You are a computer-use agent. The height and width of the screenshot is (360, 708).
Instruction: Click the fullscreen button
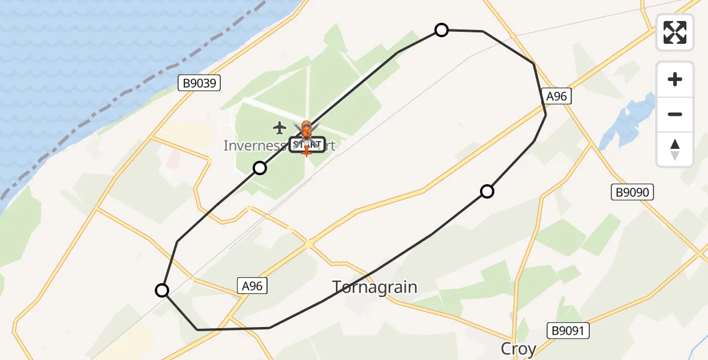675,32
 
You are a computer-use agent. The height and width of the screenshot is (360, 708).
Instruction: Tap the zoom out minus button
675,115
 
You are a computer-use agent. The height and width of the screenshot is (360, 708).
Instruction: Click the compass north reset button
675,149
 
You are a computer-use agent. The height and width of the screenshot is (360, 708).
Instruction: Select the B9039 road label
200,83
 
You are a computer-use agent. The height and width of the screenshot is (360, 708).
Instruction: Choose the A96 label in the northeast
556,96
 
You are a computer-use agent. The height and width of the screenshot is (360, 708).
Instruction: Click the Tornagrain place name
375,288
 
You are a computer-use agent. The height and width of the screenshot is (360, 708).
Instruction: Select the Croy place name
518,349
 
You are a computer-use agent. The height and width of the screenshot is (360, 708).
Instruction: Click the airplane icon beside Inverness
279,127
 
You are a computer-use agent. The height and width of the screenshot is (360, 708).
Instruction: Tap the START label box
307,145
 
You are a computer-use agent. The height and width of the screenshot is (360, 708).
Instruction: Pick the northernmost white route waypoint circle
442,30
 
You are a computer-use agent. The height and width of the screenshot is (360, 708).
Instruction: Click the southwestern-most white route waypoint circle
162,291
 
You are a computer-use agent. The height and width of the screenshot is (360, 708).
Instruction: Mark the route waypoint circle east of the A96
487,191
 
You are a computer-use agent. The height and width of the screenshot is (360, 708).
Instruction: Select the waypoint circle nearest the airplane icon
260,168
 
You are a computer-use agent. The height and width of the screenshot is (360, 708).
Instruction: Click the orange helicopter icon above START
306,128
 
